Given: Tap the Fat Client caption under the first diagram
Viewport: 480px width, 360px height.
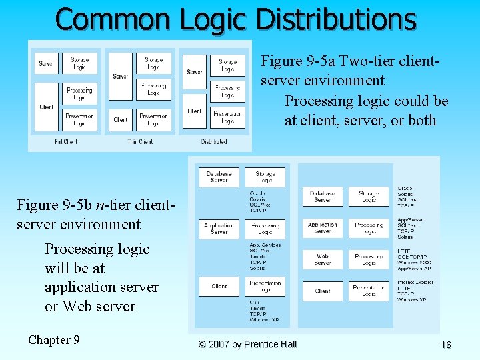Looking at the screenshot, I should [66, 141].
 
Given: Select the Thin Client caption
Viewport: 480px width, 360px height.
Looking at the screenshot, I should [140, 141].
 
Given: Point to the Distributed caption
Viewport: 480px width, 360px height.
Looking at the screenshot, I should [213, 141].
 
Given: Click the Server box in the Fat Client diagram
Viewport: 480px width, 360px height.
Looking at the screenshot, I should [47, 64].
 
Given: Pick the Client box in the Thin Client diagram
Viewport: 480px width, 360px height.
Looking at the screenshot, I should [121, 120].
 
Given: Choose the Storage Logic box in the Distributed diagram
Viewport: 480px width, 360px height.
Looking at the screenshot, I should [227, 65].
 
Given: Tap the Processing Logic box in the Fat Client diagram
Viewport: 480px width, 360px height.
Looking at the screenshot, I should [79, 93].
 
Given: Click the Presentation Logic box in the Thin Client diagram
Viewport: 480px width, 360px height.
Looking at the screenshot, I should [153, 120].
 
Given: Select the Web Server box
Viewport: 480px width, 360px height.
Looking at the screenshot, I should [322, 259].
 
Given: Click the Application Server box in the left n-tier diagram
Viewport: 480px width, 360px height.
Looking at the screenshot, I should [219, 229].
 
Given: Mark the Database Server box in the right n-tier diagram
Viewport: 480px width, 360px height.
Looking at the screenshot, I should [322, 197].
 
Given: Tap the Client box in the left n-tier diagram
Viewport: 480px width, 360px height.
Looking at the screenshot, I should [219, 286].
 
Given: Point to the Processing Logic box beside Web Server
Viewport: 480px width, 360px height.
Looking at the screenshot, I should [368, 259].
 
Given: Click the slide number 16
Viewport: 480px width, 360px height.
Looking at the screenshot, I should [446, 345].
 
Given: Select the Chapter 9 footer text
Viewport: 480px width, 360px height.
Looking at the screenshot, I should [54, 340].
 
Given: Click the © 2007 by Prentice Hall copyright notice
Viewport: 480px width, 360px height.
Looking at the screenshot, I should [247, 345].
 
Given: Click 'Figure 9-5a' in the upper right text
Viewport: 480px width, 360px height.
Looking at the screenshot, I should [299, 61].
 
